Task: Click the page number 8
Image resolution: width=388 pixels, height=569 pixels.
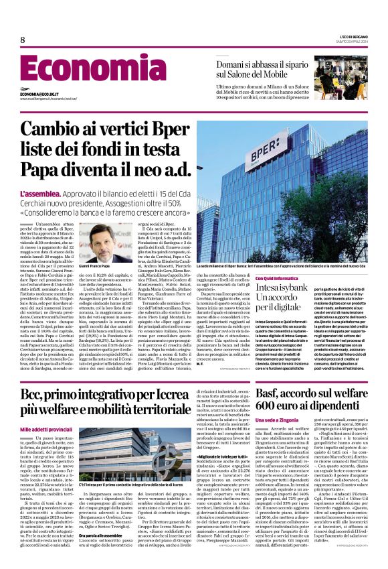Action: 23,40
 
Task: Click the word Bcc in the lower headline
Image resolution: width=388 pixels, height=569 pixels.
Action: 35,392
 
